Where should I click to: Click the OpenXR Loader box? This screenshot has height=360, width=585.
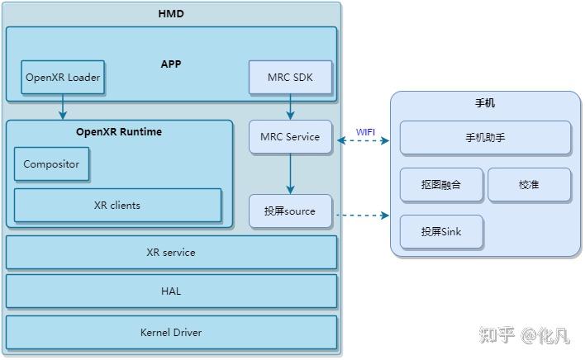(63, 78)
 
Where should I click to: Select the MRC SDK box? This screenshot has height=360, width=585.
(290, 78)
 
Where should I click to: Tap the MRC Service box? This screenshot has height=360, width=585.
(290, 137)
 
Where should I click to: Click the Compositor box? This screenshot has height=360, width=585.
(51, 164)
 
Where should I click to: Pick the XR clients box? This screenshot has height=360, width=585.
(117, 206)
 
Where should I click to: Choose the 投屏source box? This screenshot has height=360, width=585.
(290, 211)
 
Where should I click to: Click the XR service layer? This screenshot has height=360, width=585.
(171, 253)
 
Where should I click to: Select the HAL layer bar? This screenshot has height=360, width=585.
(171, 291)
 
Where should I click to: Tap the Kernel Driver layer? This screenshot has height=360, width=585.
(171, 333)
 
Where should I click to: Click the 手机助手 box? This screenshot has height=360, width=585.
(485, 138)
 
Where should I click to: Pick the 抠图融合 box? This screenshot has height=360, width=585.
(441, 185)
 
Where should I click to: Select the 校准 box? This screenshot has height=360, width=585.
(529, 185)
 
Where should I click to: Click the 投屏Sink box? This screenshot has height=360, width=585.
(441, 232)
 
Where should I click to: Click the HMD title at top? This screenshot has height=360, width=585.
(171, 14)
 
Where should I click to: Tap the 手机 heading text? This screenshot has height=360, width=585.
(485, 104)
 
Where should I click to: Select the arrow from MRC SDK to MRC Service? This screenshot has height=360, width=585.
(290, 107)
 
